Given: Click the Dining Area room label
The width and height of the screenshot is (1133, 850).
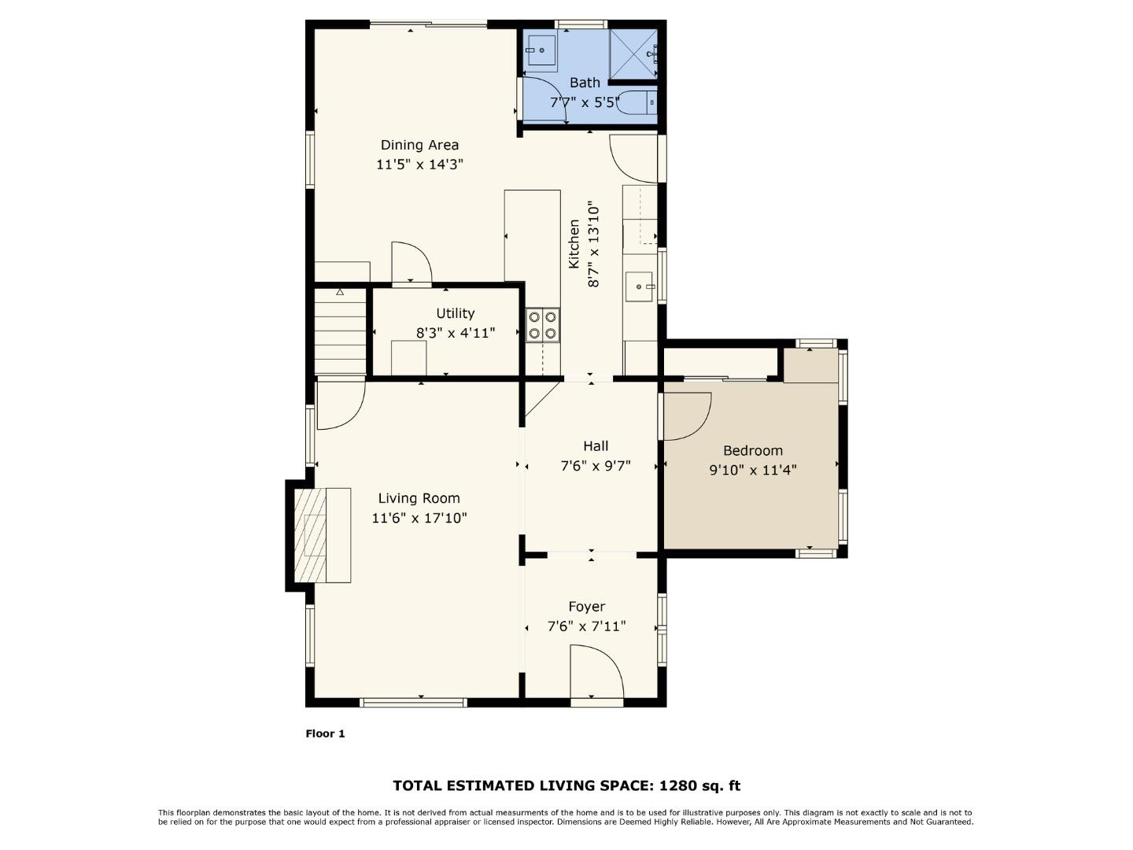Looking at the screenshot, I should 419,145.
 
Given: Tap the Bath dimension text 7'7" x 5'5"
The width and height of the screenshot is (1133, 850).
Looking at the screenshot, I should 585,102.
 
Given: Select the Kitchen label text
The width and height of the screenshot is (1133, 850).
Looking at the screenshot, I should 574,244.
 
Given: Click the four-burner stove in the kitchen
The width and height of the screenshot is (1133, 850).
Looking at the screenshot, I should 543,325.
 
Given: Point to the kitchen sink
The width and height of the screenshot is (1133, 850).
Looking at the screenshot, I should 640,286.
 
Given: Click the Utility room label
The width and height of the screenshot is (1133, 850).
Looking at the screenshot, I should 455,313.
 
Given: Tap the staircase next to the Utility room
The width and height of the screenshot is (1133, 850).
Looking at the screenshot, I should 341,331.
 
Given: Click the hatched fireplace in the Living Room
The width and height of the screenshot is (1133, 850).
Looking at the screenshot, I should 310,535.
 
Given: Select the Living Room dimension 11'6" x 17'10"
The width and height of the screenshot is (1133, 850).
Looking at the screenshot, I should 419,518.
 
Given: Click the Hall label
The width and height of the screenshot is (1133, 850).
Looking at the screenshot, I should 596,446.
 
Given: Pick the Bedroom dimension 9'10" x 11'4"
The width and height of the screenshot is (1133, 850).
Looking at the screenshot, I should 753,470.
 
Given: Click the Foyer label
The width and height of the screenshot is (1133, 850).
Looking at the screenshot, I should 587,606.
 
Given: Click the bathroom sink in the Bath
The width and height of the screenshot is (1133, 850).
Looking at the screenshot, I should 541,51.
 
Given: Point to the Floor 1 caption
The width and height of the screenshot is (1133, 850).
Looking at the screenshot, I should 325,734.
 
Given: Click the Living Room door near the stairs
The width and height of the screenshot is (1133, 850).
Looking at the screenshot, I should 341,405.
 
